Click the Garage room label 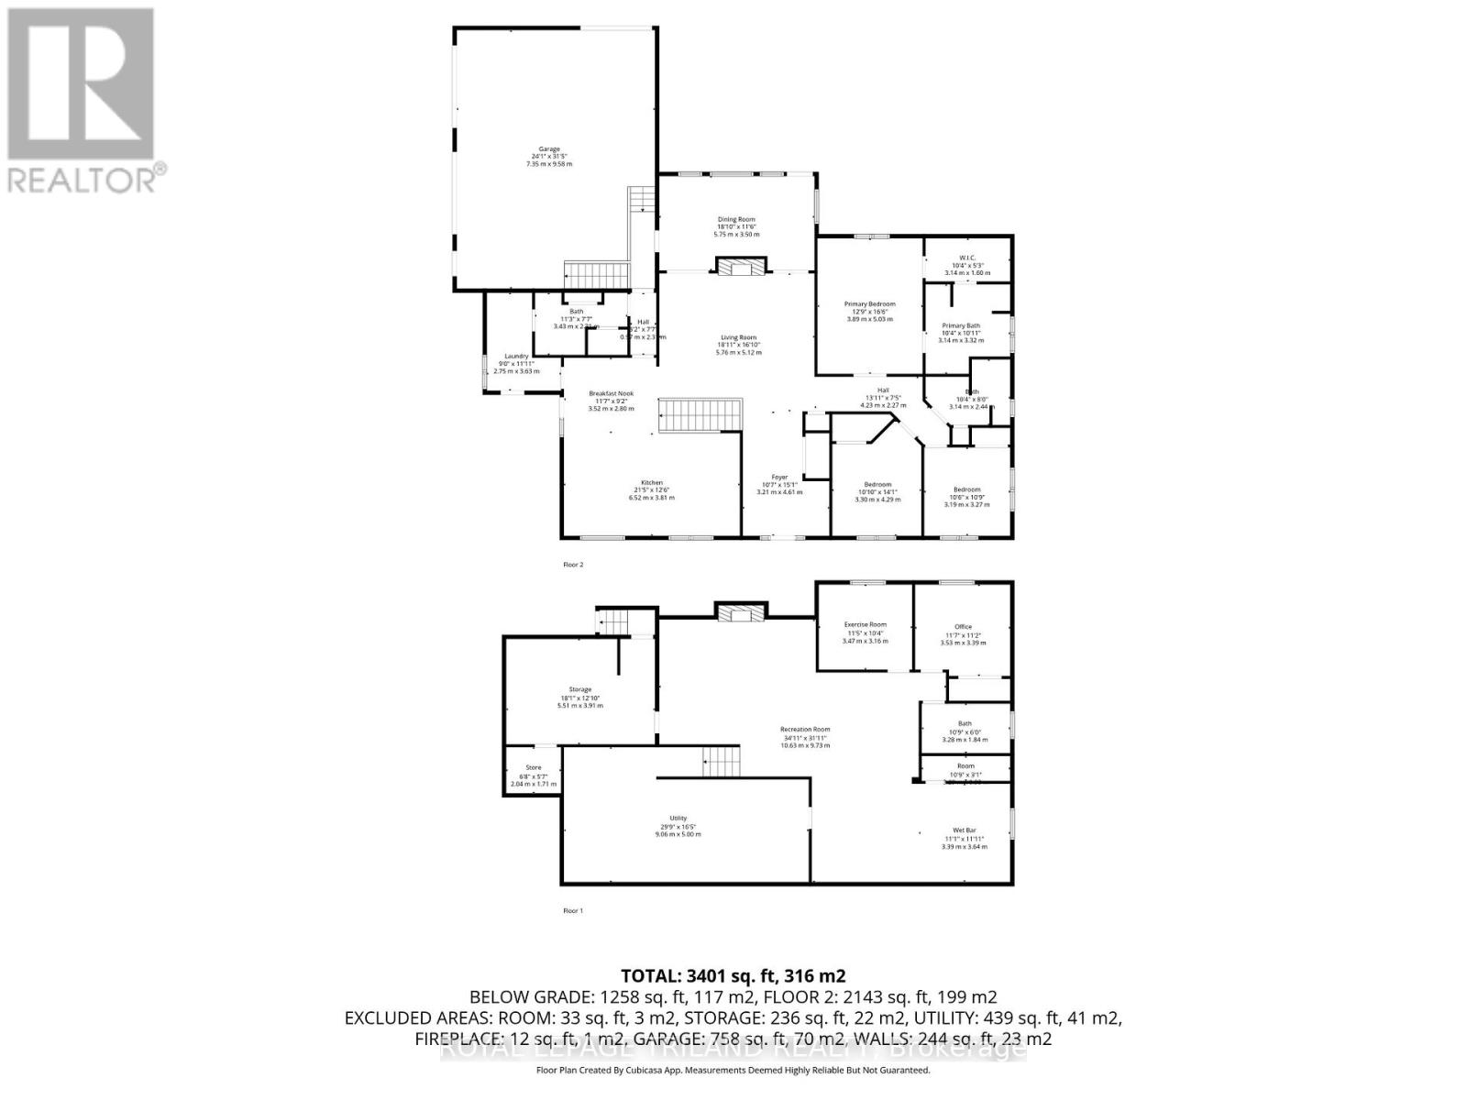pyautogui.click(x=549, y=148)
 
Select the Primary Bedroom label pyautogui.click(x=869, y=304)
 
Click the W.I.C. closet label pyautogui.click(x=966, y=258)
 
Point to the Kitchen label pyautogui.click(x=652, y=483)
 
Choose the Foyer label pyautogui.click(x=779, y=478)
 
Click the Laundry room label pyautogui.click(x=516, y=357)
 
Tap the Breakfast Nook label pyautogui.click(x=611, y=394)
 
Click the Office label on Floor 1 pyautogui.click(x=963, y=627)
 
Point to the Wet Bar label pyautogui.click(x=965, y=830)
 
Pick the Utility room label pyautogui.click(x=678, y=819)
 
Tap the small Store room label pyautogui.click(x=533, y=768)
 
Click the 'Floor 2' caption pyautogui.click(x=573, y=566)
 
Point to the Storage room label pyautogui.click(x=579, y=689)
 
